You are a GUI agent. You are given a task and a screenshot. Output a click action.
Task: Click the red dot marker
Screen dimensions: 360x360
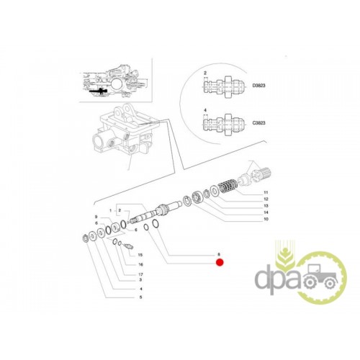pyautogui.click(x=220, y=263)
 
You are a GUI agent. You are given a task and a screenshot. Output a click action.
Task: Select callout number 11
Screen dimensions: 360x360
pyautogui.click(x=266, y=192)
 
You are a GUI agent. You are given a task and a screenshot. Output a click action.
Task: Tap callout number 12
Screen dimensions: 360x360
pyautogui.click(x=266, y=199)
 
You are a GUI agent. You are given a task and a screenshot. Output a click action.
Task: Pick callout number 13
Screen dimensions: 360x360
pyautogui.click(x=266, y=206)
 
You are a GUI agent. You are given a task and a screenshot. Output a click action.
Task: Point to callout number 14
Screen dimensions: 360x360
pyautogui.click(x=266, y=212)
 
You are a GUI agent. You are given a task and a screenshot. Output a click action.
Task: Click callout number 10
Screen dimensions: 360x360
pyautogui.click(x=266, y=219)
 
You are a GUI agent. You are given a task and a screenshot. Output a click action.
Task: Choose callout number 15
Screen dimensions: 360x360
pyautogui.click(x=140, y=255)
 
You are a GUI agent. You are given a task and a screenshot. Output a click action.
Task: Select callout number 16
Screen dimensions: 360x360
pyautogui.click(x=140, y=264)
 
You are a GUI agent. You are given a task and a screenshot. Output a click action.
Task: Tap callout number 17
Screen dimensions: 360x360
pyautogui.click(x=140, y=274)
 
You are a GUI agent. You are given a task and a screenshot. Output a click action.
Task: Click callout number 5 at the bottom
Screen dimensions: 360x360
pyautogui.click(x=141, y=297)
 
